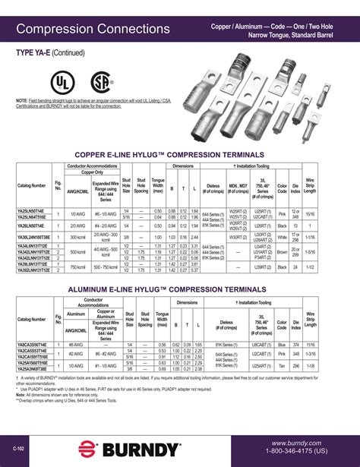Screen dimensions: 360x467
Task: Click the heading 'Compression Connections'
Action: [x=92, y=30]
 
